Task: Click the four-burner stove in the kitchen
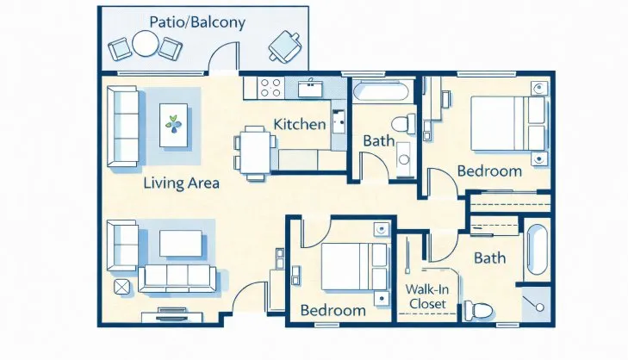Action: pos(270,87)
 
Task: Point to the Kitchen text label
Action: pos(299,124)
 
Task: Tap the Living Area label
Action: pos(181,183)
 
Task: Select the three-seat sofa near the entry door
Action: pos(177,277)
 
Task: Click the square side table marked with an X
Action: pos(119,287)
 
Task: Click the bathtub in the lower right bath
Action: pos(535,250)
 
